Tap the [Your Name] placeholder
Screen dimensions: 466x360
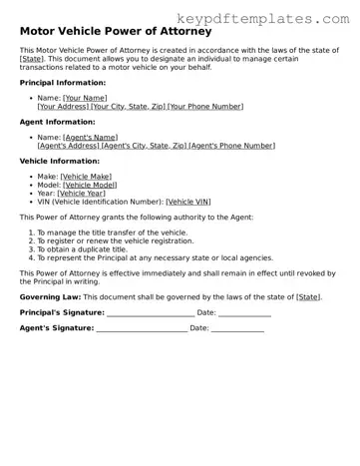tap(85, 98)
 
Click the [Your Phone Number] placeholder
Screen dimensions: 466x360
tap(205, 106)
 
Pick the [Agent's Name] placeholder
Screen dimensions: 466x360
tap(90, 137)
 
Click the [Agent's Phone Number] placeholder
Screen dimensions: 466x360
tap(231, 145)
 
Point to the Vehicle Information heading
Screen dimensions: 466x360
tap(60, 160)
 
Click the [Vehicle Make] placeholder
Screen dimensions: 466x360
tap(86, 176)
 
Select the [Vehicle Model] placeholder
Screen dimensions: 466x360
tap(90, 184)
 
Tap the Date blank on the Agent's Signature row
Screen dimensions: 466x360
tap(237, 327)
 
